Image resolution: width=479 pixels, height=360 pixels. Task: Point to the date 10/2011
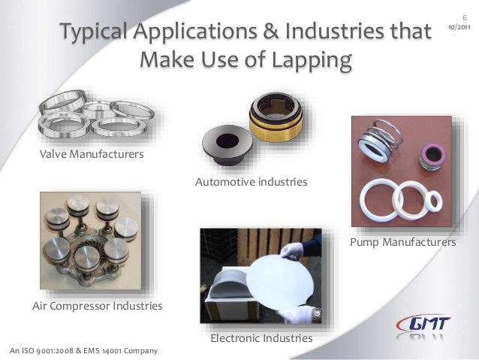click(x=459, y=27)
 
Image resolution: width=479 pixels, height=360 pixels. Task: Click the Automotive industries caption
click(x=252, y=183)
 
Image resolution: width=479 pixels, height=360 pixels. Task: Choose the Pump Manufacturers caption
click(x=403, y=244)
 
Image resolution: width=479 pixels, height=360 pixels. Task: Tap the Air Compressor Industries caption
click(x=97, y=307)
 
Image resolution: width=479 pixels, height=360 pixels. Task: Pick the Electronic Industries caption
click(x=261, y=340)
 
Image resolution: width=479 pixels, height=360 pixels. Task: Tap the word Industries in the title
click(x=337, y=33)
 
